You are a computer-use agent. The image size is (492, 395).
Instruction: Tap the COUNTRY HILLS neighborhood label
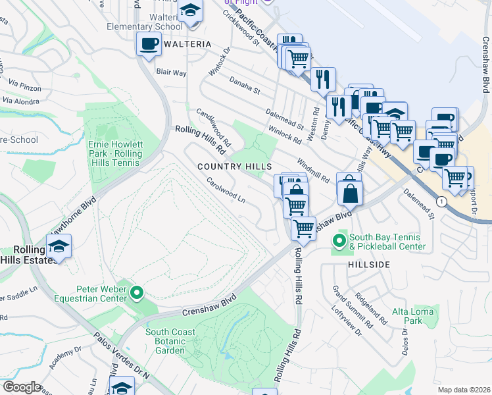235,167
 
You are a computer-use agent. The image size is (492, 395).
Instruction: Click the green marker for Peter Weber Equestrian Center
137,292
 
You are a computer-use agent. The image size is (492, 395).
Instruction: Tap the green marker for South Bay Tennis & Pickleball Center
339,241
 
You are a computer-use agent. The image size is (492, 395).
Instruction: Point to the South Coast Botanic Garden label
170,341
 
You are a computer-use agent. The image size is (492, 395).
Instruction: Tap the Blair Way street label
171,72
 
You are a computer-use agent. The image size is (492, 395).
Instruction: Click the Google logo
22,387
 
